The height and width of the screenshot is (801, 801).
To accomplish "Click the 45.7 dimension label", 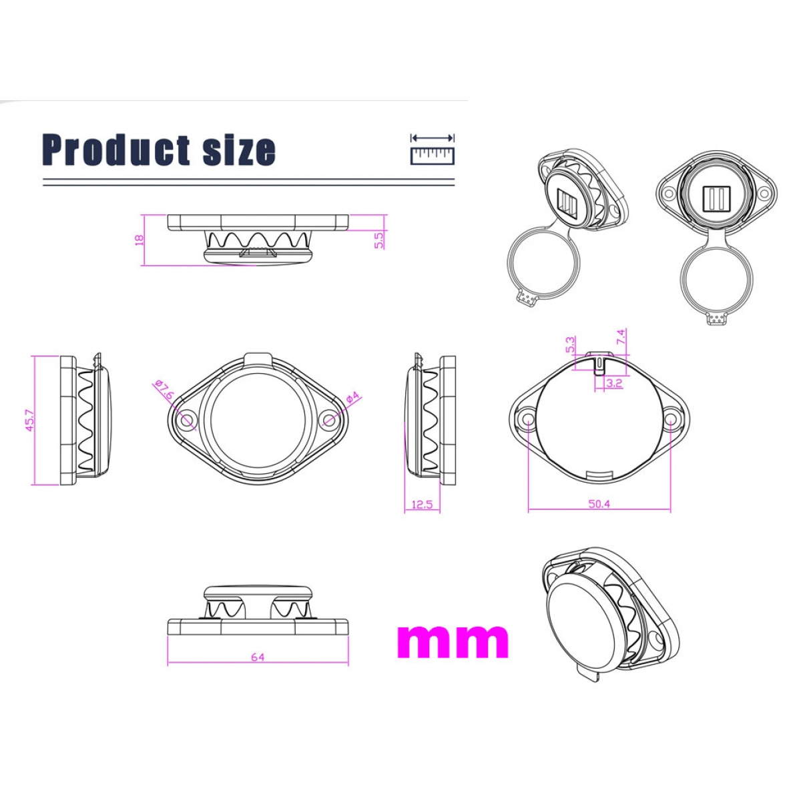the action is (30, 420).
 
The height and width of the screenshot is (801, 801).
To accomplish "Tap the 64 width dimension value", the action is (258, 657).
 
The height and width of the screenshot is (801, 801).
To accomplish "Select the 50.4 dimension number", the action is (599, 504).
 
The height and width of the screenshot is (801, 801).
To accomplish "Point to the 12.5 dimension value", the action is (422, 505).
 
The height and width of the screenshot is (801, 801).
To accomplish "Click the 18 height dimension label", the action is (140, 240).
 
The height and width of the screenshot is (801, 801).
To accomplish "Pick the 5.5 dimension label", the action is (378, 240).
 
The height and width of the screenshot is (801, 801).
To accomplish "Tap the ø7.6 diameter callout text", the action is (163, 390).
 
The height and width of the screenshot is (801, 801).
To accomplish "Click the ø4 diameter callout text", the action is (352, 397).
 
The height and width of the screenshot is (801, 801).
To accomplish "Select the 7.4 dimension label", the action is (621, 336).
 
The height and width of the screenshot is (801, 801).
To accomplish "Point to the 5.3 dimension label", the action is (571, 344).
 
